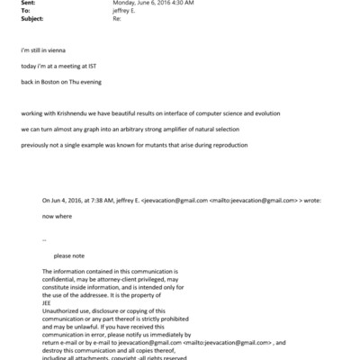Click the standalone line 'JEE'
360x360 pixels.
click(49, 302)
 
